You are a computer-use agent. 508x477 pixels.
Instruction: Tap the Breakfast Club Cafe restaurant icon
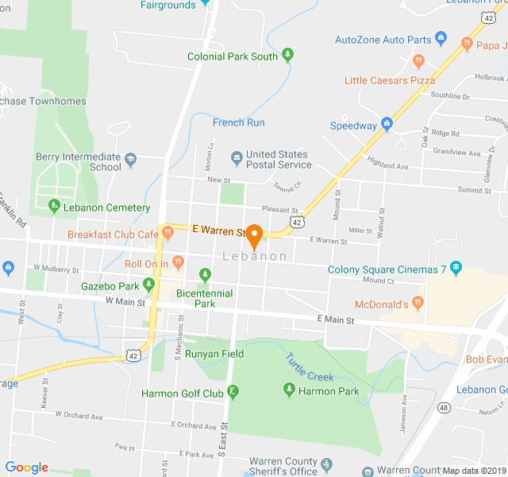[x=167, y=233]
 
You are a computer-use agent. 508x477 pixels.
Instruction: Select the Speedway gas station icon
[x=387, y=124]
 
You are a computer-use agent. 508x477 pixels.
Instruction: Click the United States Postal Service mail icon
[x=236, y=155]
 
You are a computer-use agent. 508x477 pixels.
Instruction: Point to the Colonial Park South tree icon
[x=287, y=55]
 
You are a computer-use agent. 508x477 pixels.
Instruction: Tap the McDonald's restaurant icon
[x=418, y=303]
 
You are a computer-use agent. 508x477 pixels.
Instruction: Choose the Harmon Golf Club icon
[x=233, y=391]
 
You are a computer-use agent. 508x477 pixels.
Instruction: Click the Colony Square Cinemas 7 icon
[x=456, y=268]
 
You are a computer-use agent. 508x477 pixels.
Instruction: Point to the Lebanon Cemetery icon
[x=54, y=206]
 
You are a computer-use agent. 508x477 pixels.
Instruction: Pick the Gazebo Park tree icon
[x=148, y=285]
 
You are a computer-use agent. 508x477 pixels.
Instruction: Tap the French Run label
[x=238, y=122]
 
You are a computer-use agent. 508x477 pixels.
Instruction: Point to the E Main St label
[x=336, y=321]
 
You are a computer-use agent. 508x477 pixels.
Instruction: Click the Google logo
[x=26, y=467]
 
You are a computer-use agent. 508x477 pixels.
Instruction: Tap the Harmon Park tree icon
[x=289, y=390]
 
